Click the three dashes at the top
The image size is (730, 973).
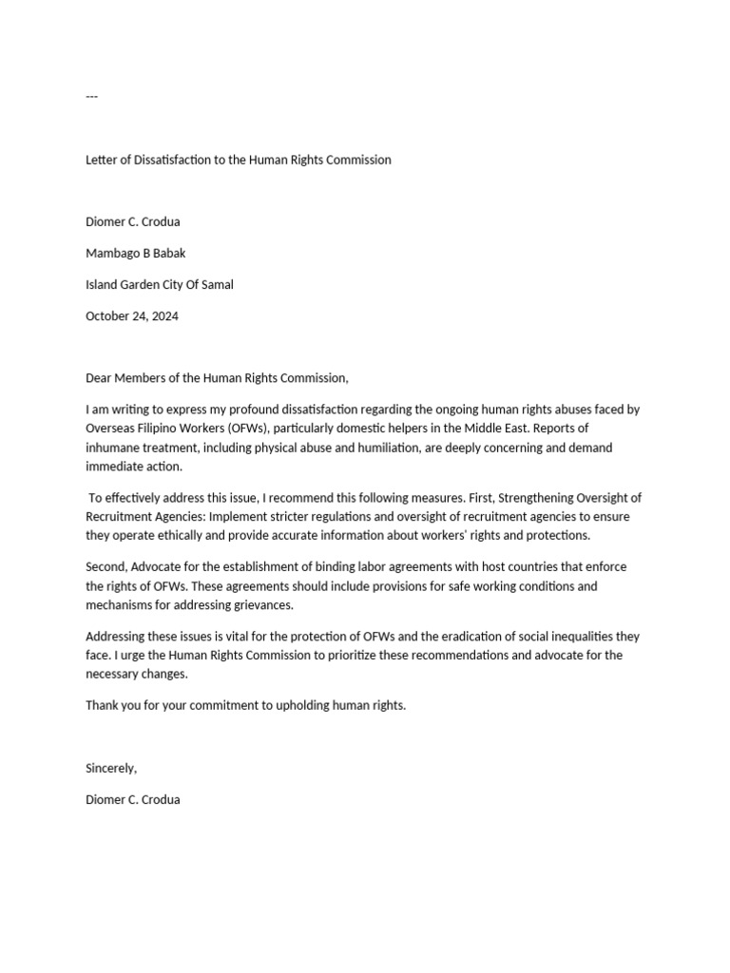coord(91,97)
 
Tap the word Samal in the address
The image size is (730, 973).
coord(216,284)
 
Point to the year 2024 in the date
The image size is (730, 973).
coord(163,315)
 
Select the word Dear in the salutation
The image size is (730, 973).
coord(99,378)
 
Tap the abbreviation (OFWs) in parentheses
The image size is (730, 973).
coord(244,429)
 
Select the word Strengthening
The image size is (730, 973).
coord(531,498)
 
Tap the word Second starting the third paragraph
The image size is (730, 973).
coord(106,567)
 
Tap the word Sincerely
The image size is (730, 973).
coord(111,768)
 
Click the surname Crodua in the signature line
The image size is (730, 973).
coord(160,799)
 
